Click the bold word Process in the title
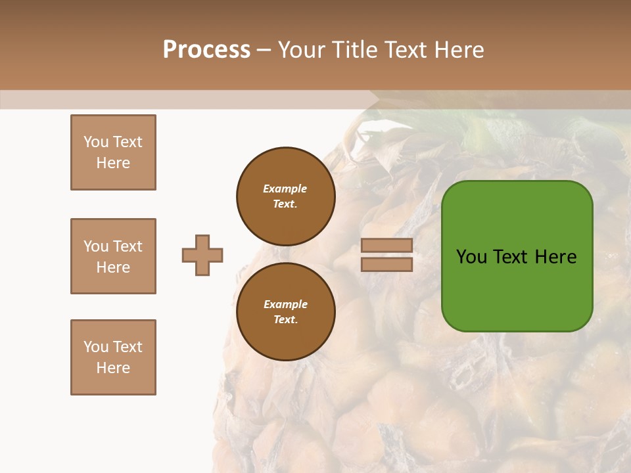tap(206, 50)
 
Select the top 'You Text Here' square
tap(113, 152)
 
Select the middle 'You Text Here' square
tap(113, 256)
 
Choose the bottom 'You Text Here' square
tap(113, 357)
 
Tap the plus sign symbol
tap(202, 255)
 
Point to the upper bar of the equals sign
tap(386, 245)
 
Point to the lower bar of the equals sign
tap(386, 264)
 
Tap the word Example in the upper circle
tap(285, 189)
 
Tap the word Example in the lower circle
tap(285, 304)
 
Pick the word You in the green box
tap(471, 257)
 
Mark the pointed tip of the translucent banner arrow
tap(379, 99)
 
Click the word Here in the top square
tap(113, 163)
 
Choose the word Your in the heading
tap(302, 50)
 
